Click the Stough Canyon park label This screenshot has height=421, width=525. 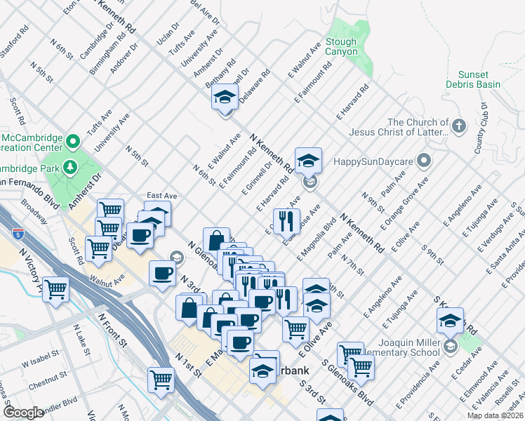click(341, 47)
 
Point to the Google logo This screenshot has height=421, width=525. click(23, 412)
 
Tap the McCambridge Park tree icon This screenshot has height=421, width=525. click(70, 167)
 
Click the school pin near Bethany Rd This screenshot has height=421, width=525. click(225, 97)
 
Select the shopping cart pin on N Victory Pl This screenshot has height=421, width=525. click(55, 288)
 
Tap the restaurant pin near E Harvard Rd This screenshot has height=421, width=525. click(286, 221)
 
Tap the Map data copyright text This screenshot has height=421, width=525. click(495, 415)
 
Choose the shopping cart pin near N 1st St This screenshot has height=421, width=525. click(161, 380)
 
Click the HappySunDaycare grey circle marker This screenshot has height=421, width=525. click(423, 161)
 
